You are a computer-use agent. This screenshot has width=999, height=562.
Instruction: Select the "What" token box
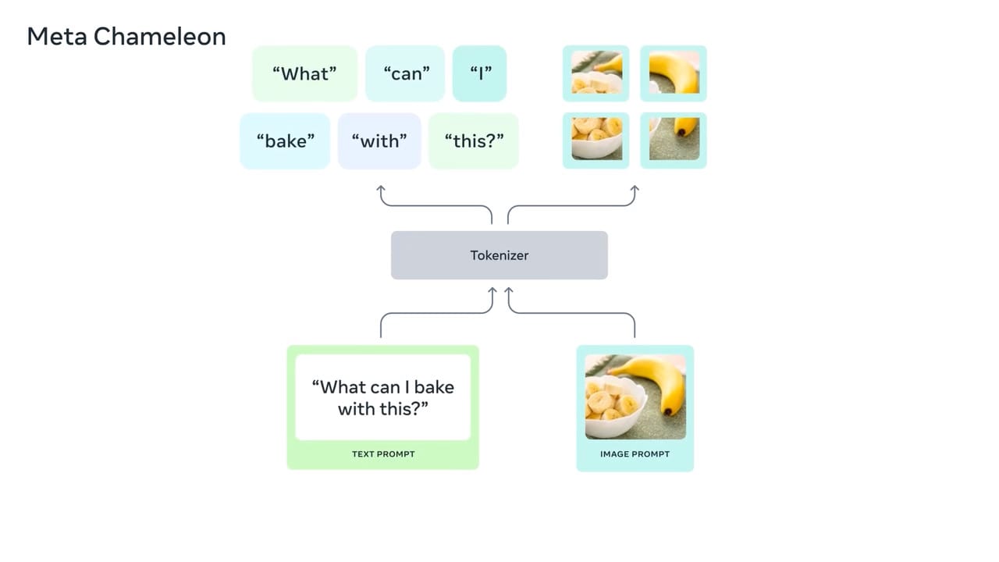point(304,73)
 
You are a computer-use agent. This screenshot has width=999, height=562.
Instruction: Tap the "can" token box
point(406,73)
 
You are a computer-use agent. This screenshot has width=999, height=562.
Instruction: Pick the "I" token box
point(480,73)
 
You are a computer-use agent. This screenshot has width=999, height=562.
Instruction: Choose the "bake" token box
point(285,141)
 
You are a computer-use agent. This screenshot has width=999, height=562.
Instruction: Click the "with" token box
point(379,141)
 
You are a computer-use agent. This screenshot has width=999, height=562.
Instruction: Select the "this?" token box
point(474,141)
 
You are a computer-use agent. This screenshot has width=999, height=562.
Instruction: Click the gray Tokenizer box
point(499,255)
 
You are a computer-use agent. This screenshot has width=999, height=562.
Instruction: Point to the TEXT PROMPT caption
point(383,454)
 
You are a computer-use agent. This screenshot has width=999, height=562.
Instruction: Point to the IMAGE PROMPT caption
point(635,454)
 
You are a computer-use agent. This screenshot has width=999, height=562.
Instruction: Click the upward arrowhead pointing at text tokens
point(381,190)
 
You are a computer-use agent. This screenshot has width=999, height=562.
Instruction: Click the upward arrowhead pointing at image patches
point(635,190)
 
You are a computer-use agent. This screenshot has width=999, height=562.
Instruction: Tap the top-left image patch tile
point(596,73)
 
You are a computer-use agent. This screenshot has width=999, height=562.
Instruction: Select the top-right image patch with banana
point(674,73)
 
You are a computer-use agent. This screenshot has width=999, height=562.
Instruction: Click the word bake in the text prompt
point(434,387)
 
